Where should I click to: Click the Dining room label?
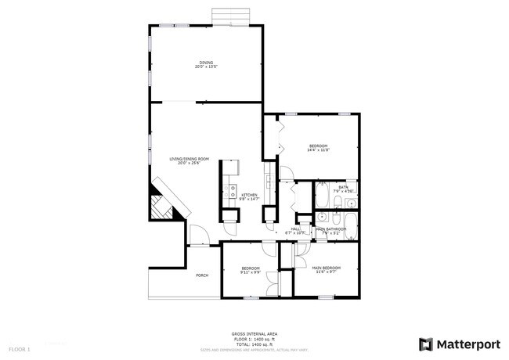click(x=206, y=62)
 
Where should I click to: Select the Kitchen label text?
click(x=249, y=194)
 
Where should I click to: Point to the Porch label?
click(x=202, y=275)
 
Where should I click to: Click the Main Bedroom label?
click(x=326, y=268)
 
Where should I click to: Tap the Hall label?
click(x=295, y=229)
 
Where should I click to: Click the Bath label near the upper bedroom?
click(x=344, y=187)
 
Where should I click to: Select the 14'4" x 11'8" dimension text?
click(x=318, y=151)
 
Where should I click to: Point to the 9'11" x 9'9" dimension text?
click(x=250, y=273)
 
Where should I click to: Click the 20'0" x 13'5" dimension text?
click(x=206, y=67)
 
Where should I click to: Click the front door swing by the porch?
click(x=197, y=234)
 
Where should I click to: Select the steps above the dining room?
click(x=232, y=17)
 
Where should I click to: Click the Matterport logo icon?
click(x=426, y=344)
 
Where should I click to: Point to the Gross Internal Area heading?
click(x=254, y=333)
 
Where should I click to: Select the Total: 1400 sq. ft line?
click(x=254, y=343)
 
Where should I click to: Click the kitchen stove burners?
click(x=233, y=189)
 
